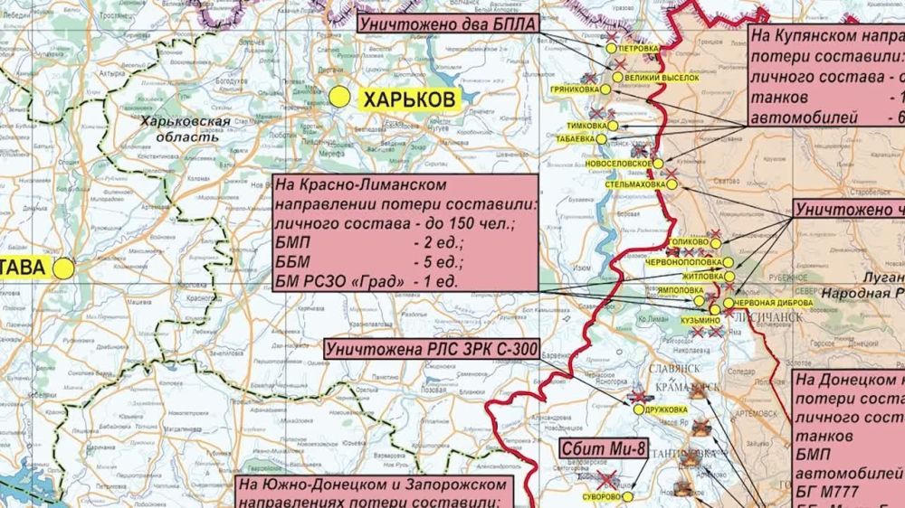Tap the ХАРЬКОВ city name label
point(409,98)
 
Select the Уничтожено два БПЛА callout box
point(446,24)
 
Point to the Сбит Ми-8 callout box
point(592,444)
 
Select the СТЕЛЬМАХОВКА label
point(636,183)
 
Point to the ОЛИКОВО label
point(690,242)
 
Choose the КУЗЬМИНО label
point(700,321)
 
